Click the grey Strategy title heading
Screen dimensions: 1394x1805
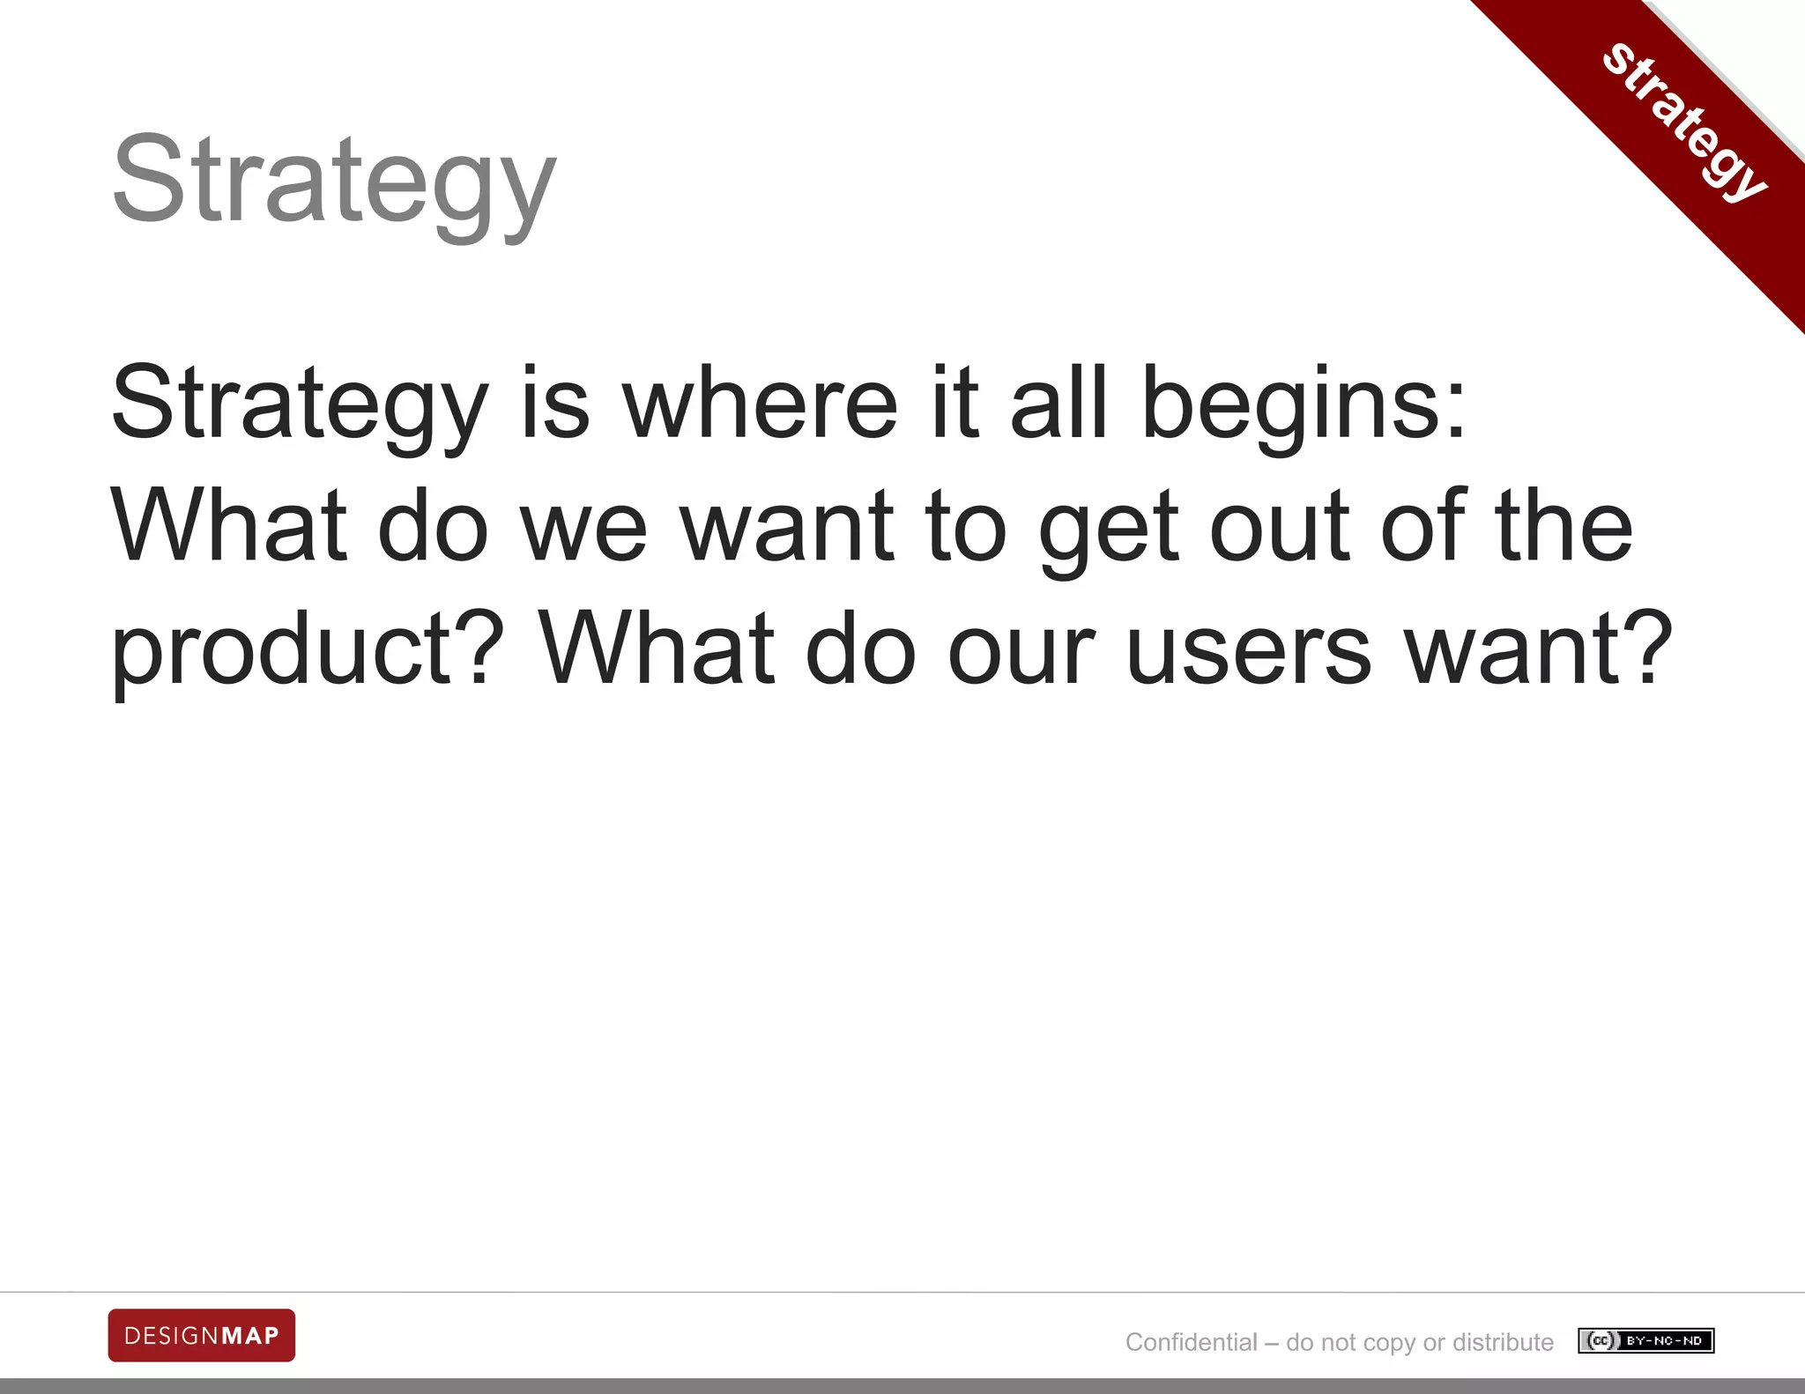334,181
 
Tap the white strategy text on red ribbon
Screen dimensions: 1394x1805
1684,122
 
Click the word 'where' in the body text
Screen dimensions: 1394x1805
761,404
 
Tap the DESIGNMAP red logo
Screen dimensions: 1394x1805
202,1335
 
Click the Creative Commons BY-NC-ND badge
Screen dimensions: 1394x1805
1645,1341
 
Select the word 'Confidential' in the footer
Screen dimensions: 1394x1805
1191,1342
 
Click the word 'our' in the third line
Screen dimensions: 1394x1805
1021,650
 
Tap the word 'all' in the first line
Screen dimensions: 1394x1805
1058,404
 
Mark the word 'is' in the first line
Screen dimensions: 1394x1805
554,404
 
